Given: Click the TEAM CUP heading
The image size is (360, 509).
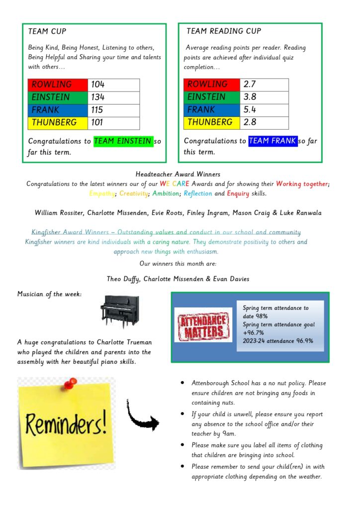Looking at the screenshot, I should point(47,31).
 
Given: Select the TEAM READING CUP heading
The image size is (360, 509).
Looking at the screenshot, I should point(223,31).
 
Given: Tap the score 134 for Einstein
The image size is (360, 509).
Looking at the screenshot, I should point(98,97).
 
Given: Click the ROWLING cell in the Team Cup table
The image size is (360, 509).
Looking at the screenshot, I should point(58,85).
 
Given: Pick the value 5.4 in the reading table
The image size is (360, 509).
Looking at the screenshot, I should point(250,110).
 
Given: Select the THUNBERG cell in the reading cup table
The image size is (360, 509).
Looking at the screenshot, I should point(211,122).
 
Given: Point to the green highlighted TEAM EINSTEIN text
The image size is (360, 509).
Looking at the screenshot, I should point(123,141).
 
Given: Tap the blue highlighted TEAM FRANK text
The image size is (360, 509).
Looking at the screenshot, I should point(272,141).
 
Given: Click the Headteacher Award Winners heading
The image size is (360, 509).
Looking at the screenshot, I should point(178,174).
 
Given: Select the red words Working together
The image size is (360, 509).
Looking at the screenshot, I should point(302,184).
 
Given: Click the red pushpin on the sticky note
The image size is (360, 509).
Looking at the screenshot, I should point(71,383).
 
